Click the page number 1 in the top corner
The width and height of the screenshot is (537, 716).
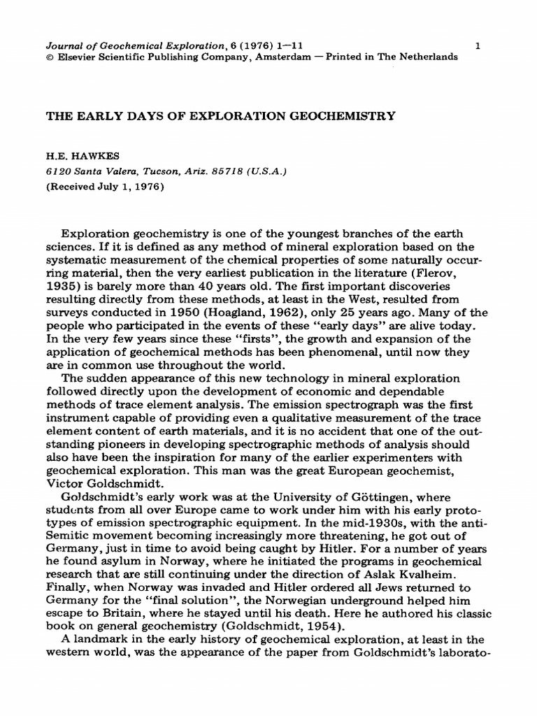477,45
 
